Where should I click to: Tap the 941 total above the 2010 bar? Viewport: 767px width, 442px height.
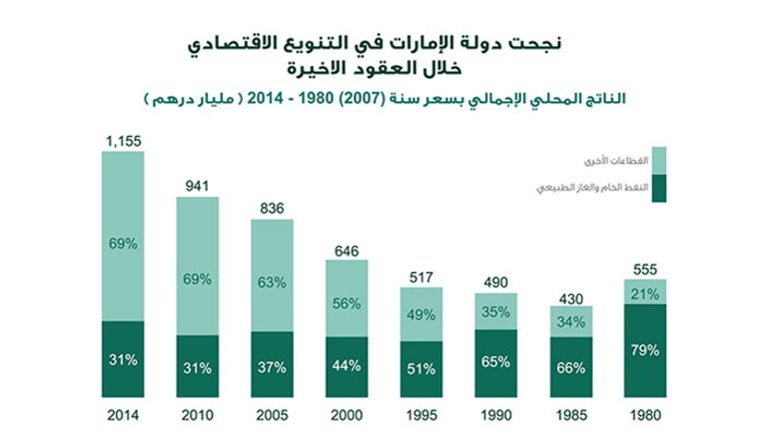pyautogui.click(x=198, y=185)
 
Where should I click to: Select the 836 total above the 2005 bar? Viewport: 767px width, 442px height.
pyautogui.click(x=272, y=209)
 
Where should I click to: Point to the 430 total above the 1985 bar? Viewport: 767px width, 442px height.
pyautogui.click(x=570, y=299)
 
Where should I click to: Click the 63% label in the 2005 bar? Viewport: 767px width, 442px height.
pyautogui.click(x=272, y=282)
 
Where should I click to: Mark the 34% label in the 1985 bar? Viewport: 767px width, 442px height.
pyautogui.click(x=570, y=322)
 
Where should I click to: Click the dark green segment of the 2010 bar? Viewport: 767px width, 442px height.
pyautogui.click(x=198, y=366)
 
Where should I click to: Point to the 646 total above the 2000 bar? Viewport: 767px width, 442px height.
pyautogui.click(x=347, y=249)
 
